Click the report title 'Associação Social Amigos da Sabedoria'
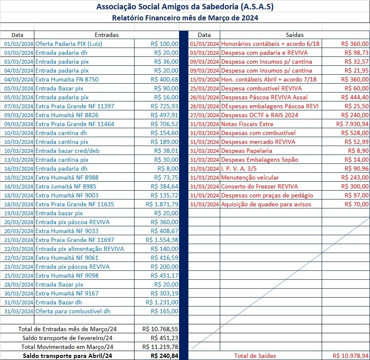(x=185, y=7)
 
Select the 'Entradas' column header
(x=107, y=35)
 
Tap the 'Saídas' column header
(x=295, y=35)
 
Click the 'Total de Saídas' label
(x=255, y=356)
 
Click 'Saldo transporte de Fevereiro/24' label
(x=67, y=338)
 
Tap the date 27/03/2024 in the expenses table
(x=205, y=115)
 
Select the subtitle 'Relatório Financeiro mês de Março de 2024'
(x=185, y=18)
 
